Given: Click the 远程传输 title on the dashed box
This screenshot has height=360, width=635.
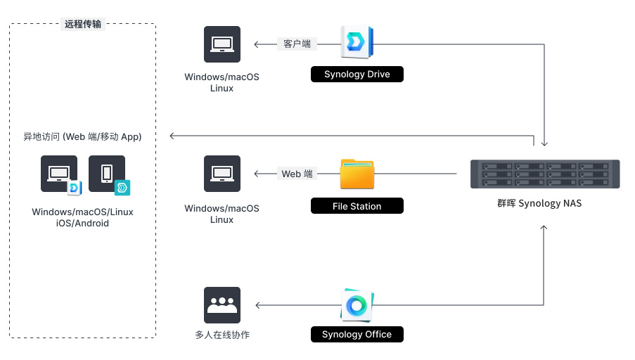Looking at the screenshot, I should click(83, 24).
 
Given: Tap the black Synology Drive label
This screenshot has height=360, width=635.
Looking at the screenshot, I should click(357, 75).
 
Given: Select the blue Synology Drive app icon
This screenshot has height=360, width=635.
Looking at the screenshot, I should click(357, 43).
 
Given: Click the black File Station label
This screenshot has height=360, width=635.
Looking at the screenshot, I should click(357, 206).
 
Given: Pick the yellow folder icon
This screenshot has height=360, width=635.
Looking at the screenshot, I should click(357, 174).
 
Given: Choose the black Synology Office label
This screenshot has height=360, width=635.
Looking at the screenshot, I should click(357, 334).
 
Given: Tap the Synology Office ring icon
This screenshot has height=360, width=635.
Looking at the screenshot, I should click(357, 305).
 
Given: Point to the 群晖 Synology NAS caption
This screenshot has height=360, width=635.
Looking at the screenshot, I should click(539, 204).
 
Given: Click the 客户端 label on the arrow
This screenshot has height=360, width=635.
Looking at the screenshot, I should click(297, 44).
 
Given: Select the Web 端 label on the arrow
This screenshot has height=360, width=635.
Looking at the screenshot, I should click(297, 174).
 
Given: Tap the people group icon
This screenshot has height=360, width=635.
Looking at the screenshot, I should click(222, 305).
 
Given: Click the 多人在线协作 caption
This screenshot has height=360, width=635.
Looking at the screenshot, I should click(222, 335).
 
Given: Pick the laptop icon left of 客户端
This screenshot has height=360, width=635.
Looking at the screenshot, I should click(222, 44).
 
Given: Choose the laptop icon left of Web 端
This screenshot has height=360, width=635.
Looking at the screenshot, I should click(222, 174).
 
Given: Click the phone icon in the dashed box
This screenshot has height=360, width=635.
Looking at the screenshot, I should click(107, 173).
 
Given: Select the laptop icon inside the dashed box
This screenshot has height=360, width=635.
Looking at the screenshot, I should click(58, 173).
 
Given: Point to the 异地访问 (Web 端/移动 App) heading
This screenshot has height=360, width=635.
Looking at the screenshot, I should click(83, 136).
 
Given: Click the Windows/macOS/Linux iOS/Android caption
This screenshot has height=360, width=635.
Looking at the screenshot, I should click(82, 217).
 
